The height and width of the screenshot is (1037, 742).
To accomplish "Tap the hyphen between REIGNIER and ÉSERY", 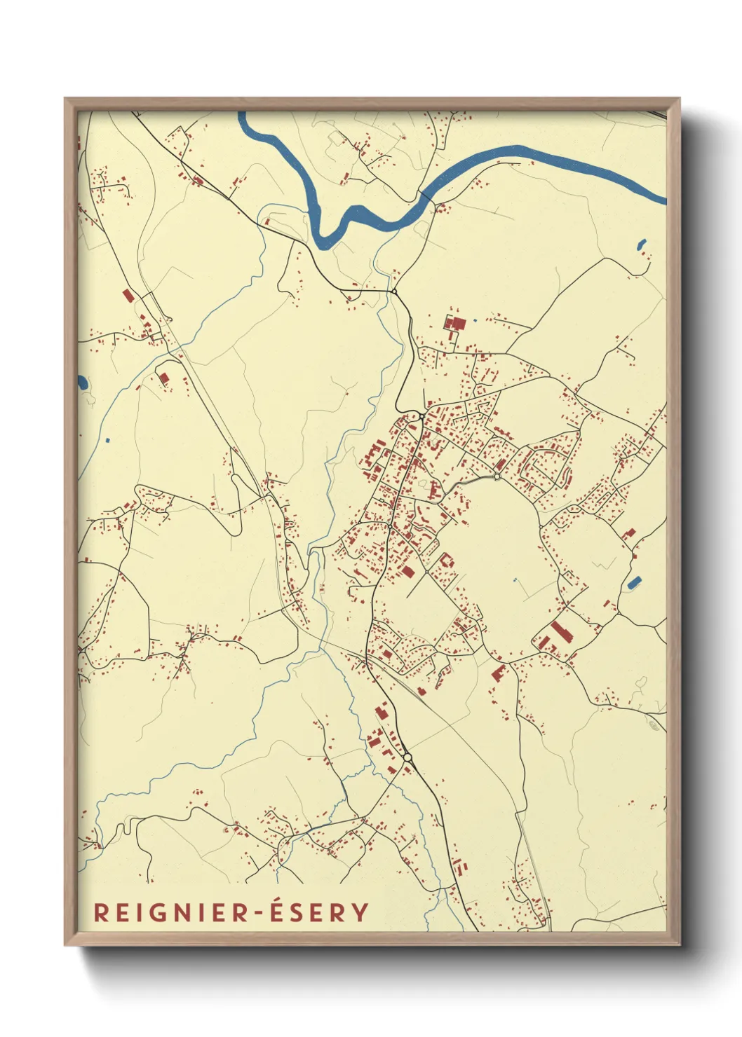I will [x=260, y=913].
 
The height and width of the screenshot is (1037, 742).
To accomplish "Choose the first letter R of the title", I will [x=100, y=912].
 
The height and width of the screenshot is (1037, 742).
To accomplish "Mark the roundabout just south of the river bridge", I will [x=394, y=291].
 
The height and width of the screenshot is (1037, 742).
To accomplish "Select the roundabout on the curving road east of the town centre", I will [x=497, y=476].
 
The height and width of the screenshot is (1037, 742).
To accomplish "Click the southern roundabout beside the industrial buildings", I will [x=407, y=757].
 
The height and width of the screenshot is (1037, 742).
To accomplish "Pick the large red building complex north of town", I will [x=454, y=324].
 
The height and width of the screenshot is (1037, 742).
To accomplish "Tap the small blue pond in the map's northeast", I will [x=641, y=245].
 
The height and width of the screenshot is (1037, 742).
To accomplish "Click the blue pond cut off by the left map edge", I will [x=82, y=383].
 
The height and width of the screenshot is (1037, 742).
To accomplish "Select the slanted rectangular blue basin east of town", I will [x=634, y=582].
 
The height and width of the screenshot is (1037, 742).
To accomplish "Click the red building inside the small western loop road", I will [x=164, y=378].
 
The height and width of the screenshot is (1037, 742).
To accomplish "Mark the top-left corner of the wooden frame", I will [x=65, y=99].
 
